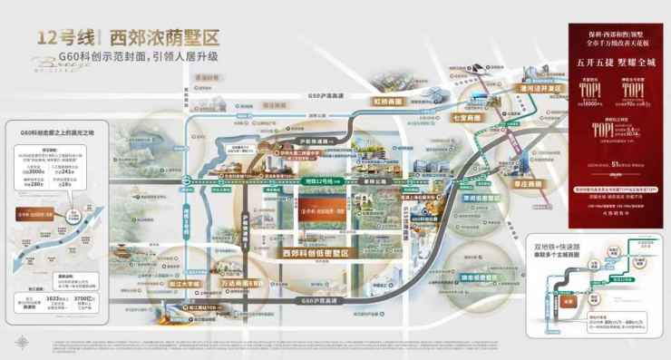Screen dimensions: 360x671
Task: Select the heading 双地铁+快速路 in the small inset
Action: click(x=555, y=245)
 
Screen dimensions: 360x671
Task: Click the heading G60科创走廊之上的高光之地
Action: click(x=52, y=133)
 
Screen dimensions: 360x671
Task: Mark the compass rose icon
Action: click(x=19, y=344)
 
